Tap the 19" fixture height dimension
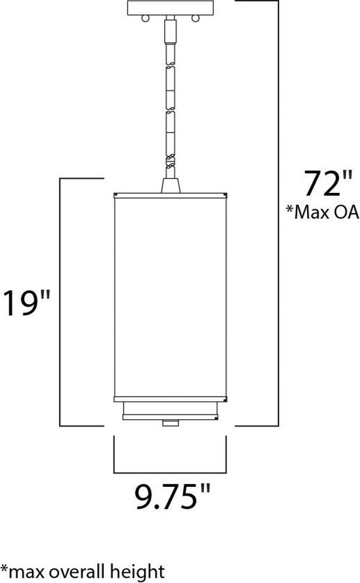coord(26,303)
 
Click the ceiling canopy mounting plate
coord(171,8)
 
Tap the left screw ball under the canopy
coord(146,18)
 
